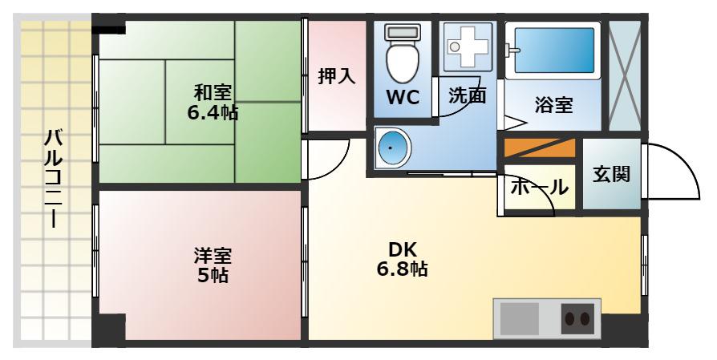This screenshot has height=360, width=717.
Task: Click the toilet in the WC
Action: (403, 53)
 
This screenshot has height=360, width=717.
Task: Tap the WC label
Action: (403, 97)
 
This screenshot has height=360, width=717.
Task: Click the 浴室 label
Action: (553, 105)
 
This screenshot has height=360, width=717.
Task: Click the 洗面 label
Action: (467, 95)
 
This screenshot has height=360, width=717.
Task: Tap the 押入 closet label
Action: (337, 76)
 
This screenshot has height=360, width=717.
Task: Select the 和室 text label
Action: (213, 92)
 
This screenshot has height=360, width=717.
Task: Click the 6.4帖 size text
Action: (213, 112)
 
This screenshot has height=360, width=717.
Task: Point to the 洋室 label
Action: (213, 256)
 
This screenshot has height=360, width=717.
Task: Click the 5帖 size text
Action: (213, 276)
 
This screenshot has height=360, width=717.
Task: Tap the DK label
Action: (402, 250)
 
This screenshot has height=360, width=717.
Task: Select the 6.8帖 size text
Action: (402, 269)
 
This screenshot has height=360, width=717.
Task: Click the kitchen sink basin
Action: (520, 318)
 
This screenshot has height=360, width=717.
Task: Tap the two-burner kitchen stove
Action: (577, 318)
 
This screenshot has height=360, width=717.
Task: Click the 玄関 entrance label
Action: (611, 174)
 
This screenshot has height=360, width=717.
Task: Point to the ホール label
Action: (539, 188)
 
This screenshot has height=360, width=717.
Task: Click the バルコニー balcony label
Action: (54, 179)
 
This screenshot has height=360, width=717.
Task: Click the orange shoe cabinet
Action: (539, 148)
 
